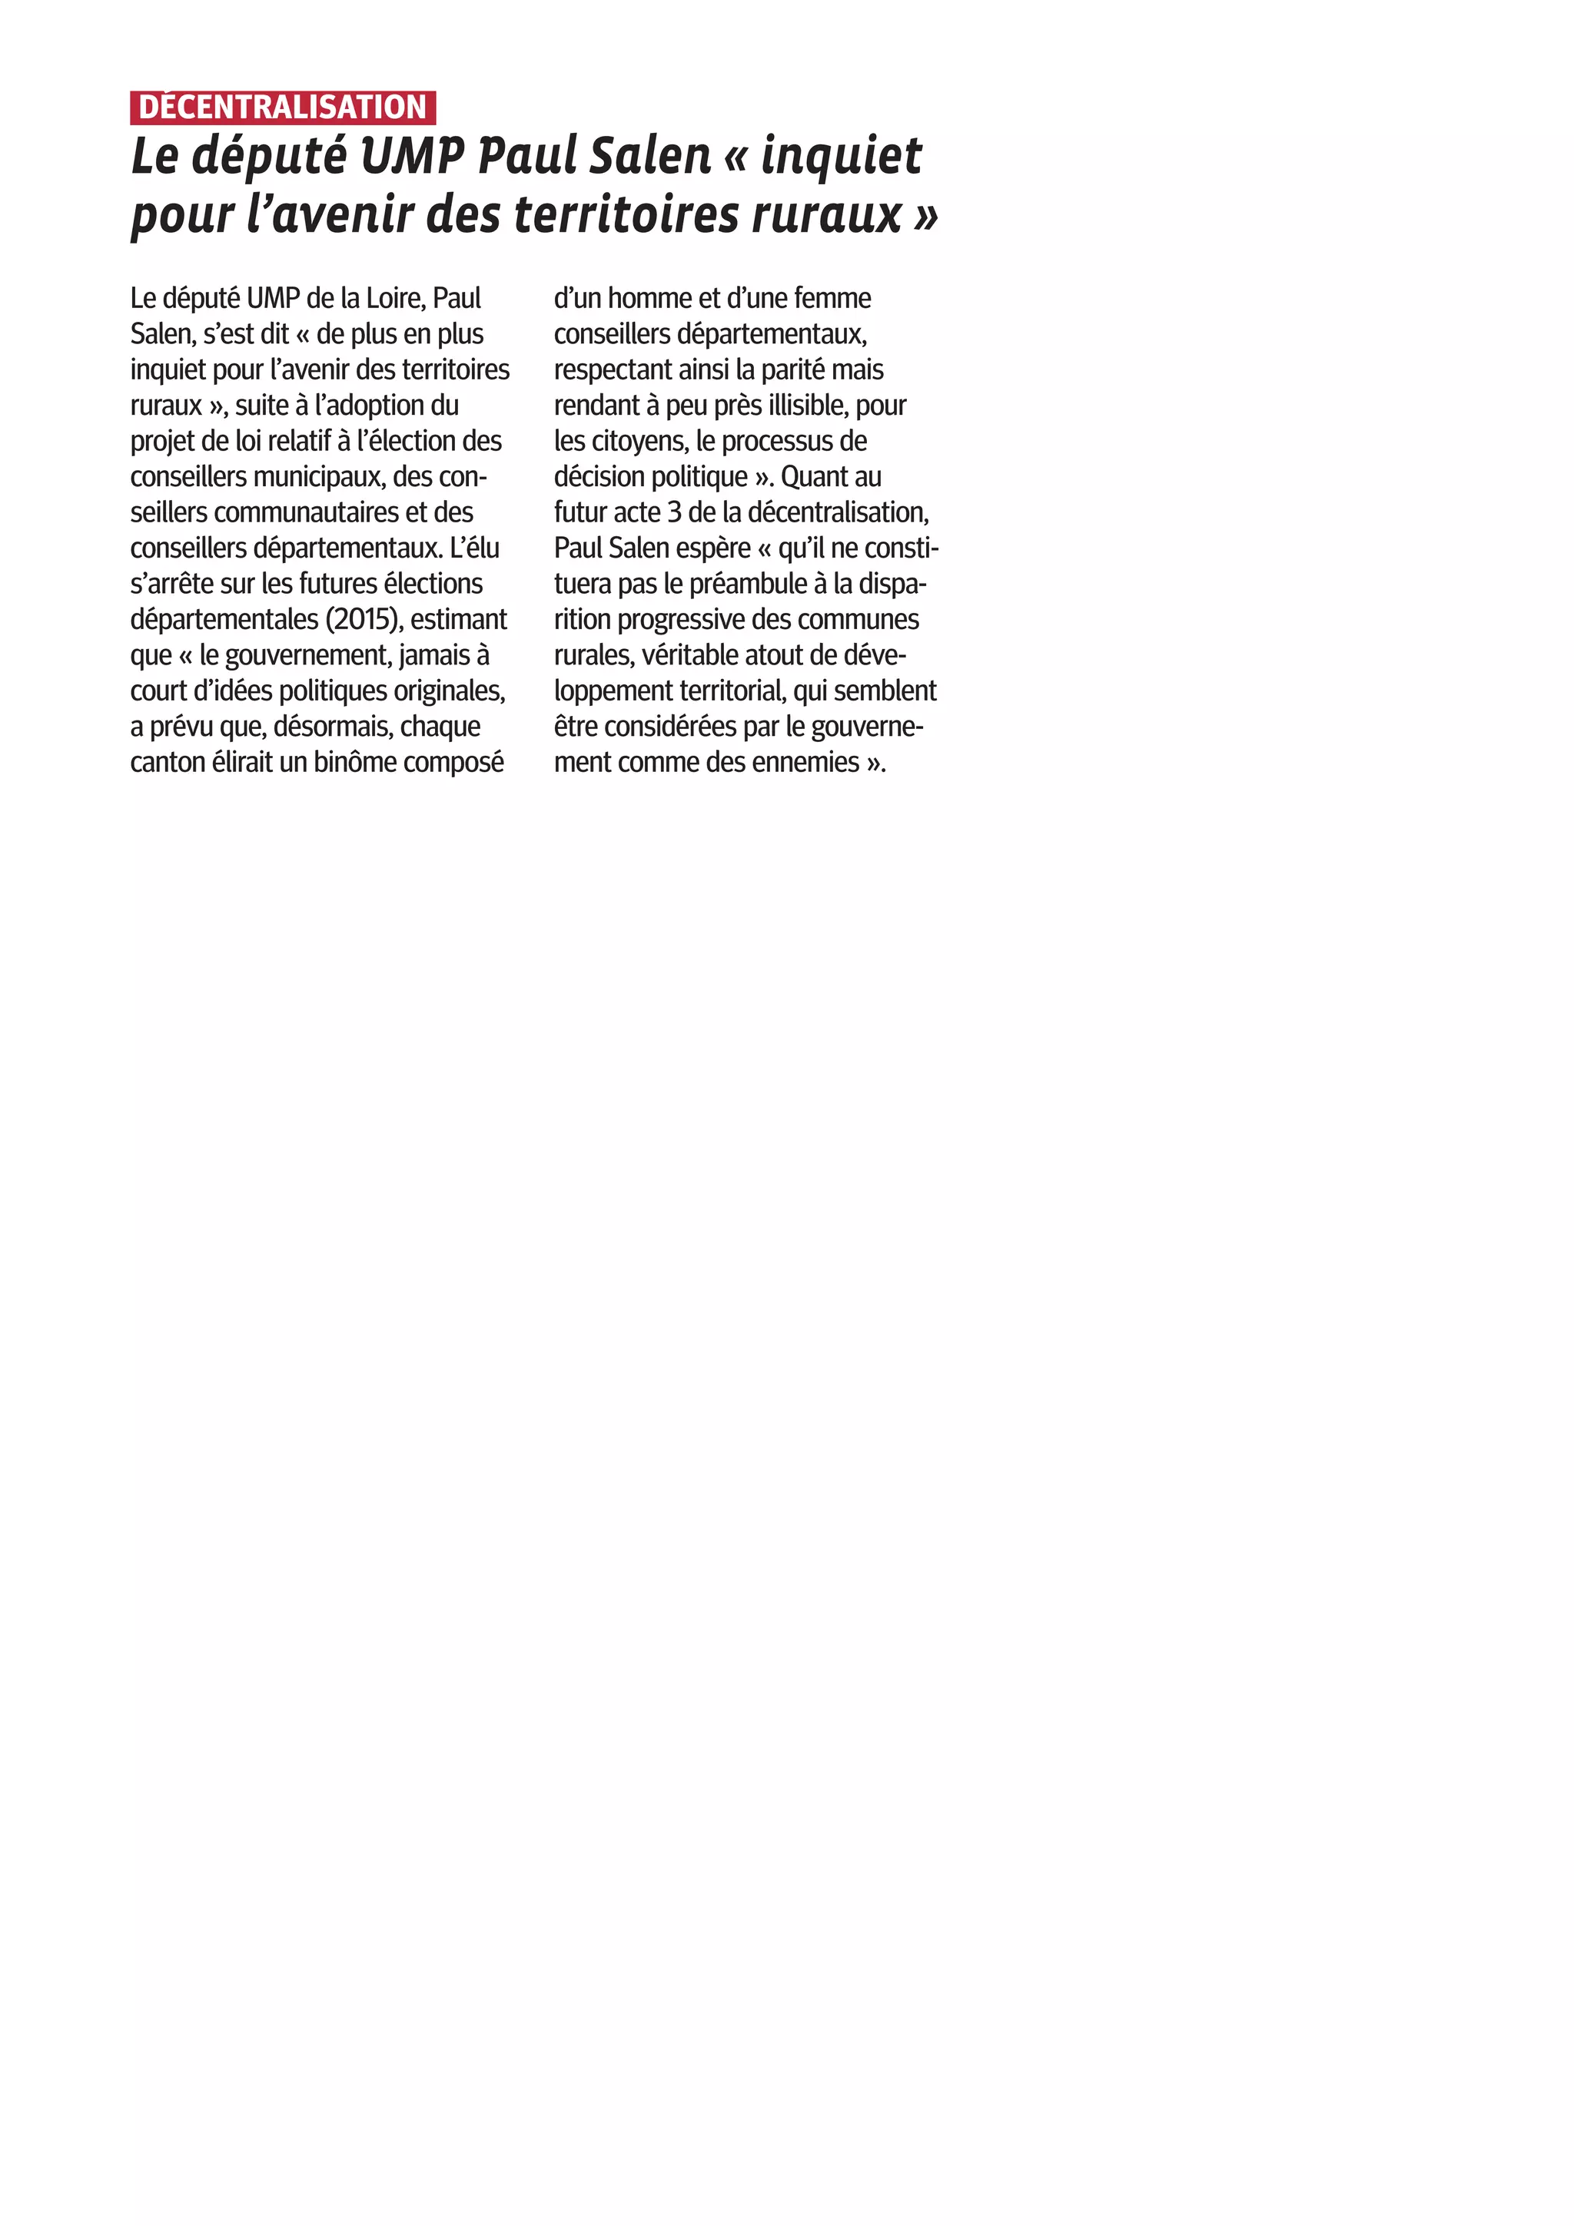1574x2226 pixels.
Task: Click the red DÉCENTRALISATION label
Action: (x=282, y=108)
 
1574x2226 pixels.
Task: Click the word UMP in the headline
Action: (x=412, y=156)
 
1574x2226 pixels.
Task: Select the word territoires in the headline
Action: (x=626, y=214)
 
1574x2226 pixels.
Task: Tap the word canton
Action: (x=168, y=762)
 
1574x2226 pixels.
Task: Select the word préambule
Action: (x=749, y=584)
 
